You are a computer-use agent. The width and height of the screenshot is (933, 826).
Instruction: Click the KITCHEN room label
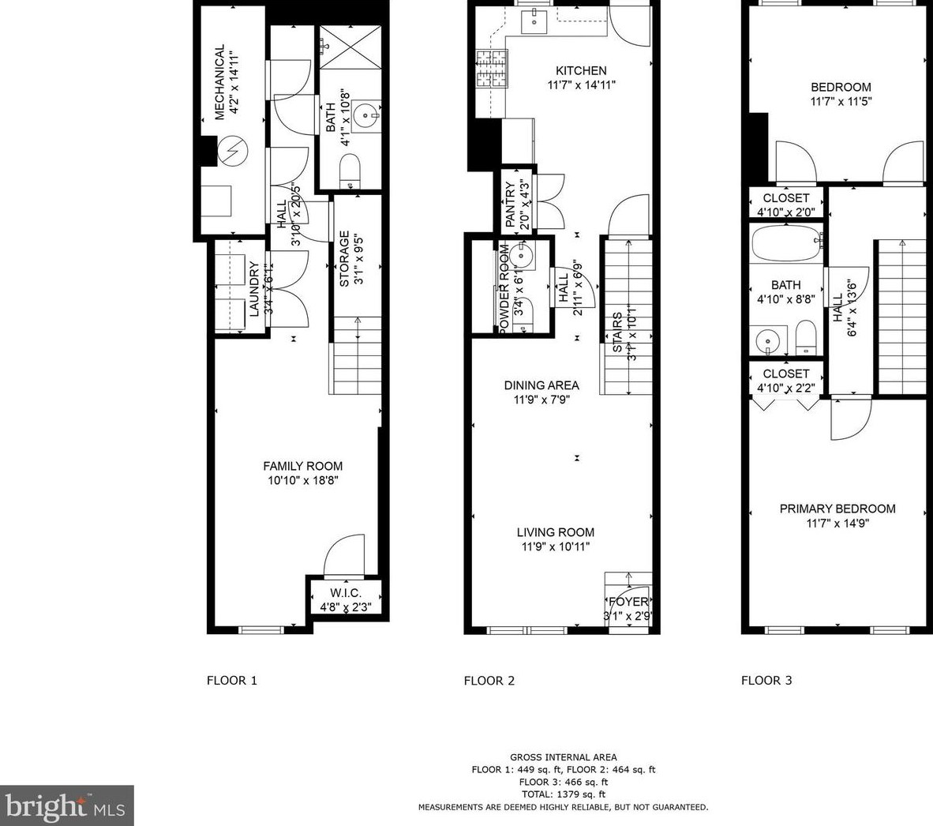pos(581,71)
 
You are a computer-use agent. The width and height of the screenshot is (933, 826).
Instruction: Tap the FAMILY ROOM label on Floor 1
pos(302,466)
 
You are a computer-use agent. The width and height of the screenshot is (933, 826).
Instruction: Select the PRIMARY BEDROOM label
pos(837,509)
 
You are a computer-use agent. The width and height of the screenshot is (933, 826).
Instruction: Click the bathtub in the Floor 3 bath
pos(786,243)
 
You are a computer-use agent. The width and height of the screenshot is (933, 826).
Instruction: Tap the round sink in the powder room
pos(521,255)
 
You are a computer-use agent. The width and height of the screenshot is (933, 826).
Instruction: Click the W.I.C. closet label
pos(346,593)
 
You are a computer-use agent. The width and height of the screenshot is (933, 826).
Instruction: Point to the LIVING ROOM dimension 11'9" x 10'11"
pos(556,546)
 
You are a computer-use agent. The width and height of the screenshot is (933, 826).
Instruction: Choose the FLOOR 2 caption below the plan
pos(489,681)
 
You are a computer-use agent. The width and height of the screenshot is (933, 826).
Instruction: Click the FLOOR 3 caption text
pos(766,681)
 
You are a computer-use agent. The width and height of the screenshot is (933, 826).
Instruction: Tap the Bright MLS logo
pos(66,805)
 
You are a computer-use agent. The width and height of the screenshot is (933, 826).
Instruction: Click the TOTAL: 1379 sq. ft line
pos(563,794)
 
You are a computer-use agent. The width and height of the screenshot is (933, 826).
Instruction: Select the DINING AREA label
pos(541,385)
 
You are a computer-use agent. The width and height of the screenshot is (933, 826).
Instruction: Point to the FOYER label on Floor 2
pos(629,602)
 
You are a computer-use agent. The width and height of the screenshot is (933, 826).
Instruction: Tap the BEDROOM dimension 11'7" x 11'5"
pos(841,101)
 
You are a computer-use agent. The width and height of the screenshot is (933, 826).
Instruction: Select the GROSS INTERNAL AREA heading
pos(563,757)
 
